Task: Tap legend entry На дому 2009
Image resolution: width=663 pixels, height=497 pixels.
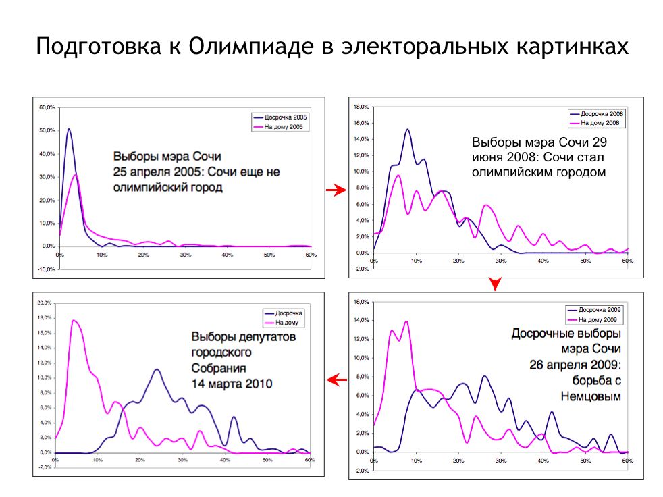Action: pos(603,319)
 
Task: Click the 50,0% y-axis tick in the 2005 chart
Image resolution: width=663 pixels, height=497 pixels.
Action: pos(46,130)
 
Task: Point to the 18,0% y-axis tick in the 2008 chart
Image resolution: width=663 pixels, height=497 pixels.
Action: pos(361,107)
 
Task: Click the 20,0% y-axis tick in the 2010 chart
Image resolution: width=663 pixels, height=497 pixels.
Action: pos(44,303)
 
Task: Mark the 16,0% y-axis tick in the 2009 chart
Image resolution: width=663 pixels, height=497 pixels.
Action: pos(361,301)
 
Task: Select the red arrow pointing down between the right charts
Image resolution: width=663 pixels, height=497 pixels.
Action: pos(495,284)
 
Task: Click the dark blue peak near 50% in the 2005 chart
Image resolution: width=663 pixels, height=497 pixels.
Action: pos(69,130)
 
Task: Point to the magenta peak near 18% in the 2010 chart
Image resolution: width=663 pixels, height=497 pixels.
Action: pos(73,321)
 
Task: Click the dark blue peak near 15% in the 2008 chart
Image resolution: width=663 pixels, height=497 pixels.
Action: pos(408,130)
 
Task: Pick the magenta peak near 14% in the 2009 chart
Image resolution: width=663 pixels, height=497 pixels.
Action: pos(406,322)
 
